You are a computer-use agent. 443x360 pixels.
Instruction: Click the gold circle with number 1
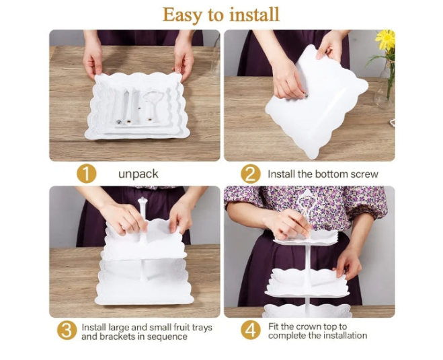(x=87, y=174)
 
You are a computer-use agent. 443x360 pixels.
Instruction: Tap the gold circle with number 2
(x=251, y=174)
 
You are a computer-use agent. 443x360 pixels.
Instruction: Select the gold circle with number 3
(x=67, y=330)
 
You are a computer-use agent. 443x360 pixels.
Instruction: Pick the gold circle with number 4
(x=251, y=330)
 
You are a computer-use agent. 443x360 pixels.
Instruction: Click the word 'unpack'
(x=138, y=174)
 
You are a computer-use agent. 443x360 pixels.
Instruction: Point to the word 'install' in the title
(x=255, y=14)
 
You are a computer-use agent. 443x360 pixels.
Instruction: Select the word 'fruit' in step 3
(x=181, y=327)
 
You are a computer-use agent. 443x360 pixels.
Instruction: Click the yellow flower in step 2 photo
(x=385, y=39)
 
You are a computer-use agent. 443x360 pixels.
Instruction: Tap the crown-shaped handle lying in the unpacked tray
(x=153, y=105)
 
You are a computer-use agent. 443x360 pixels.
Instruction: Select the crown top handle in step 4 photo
(x=307, y=209)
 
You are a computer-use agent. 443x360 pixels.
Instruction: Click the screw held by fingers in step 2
(x=306, y=96)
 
